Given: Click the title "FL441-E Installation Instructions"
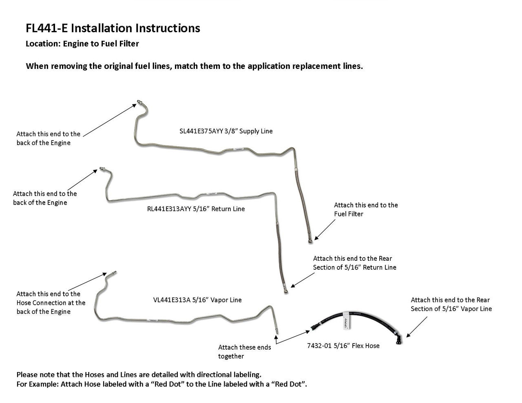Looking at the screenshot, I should point(113,28).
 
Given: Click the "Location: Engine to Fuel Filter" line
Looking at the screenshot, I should point(82,44).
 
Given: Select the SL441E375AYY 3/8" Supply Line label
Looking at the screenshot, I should point(226,131).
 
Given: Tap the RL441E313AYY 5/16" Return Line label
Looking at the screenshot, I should point(196,209).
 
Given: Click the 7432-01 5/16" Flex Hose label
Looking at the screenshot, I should point(343,346).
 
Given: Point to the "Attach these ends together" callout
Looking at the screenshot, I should point(244,352).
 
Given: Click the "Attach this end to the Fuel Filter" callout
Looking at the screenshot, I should point(365,209).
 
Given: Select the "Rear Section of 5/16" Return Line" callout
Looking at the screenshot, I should point(354,263).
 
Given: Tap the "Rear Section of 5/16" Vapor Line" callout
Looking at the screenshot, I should point(451,304).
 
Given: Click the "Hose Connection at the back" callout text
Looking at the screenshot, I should point(51,303).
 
